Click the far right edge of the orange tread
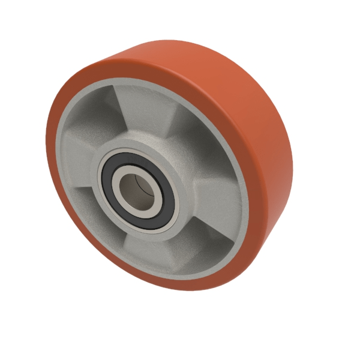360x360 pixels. coord(292,156)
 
